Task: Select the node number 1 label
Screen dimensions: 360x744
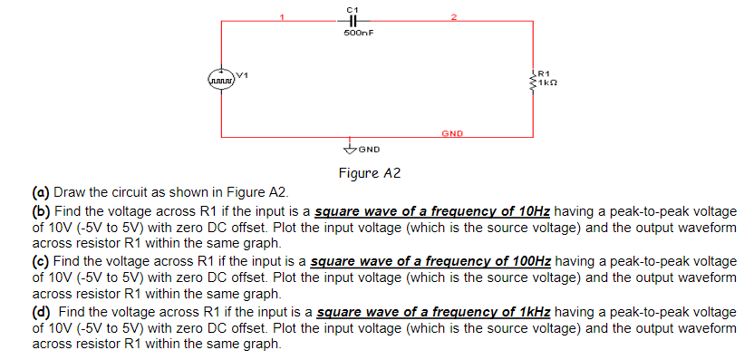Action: point(282,15)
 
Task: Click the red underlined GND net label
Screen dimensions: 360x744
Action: point(452,133)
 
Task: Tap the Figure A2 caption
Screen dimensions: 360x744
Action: point(369,172)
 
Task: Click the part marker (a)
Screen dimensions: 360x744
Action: point(41,192)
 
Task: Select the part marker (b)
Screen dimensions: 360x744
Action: point(41,209)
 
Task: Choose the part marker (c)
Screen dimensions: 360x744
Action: point(41,261)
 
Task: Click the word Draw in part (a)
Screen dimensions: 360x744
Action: point(70,192)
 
